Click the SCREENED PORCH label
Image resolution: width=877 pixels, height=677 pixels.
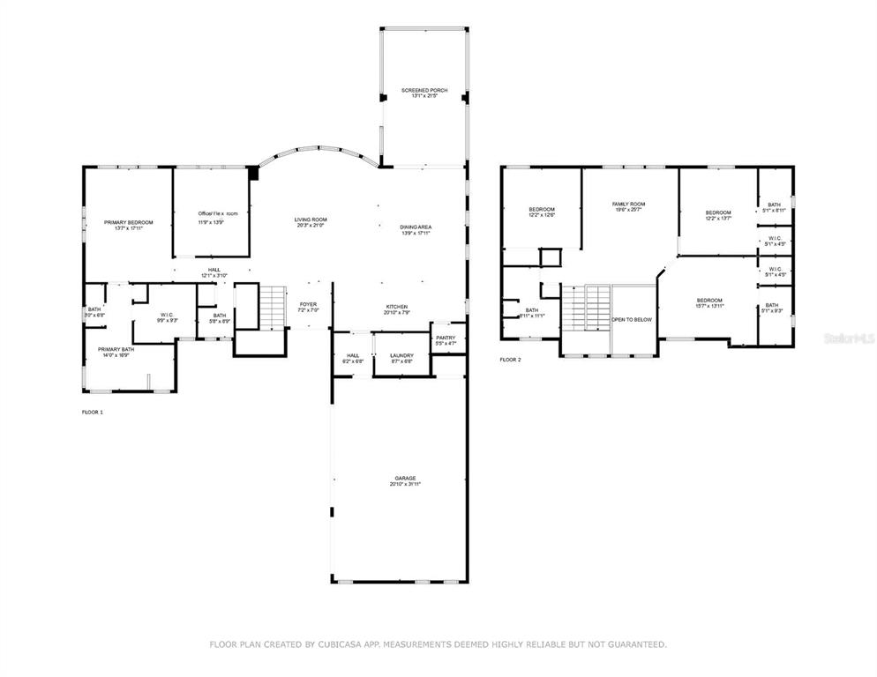[x=424, y=91]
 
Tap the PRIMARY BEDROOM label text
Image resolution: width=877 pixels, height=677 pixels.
[x=128, y=222]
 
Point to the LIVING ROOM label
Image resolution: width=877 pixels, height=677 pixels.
[x=311, y=219]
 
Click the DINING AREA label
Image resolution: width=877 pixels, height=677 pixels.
[x=416, y=227]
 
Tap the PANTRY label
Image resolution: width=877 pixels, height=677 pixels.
[x=446, y=337]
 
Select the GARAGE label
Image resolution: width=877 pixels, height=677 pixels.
[x=405, y=478]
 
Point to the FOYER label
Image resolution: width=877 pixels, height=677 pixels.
[x=308, y=305]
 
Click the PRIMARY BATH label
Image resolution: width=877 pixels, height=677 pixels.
[x=116, y=349]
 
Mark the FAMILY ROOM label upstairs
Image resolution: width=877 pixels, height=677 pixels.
[x=629, y=204]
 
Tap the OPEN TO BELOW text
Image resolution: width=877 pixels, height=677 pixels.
[x=633, y=319]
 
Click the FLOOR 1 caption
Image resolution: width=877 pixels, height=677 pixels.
[x=93, y=412]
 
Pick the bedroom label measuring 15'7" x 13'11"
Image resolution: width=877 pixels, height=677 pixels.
[x=708, y=301]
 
